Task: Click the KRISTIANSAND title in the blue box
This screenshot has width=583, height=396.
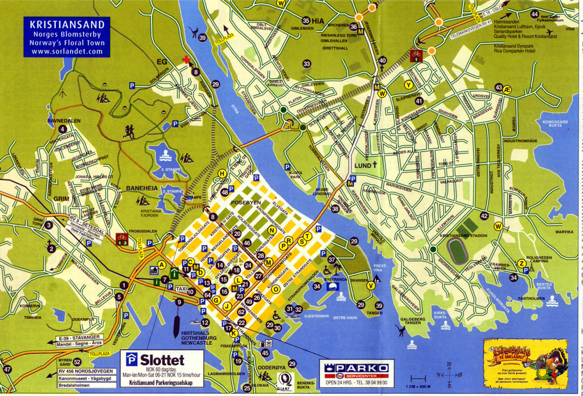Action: coord(67,25)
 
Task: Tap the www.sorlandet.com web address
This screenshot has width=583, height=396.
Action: coord(67,51)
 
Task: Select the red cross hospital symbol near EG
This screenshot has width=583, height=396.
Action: coord(186,60)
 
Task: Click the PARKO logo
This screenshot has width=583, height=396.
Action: coord(356,368)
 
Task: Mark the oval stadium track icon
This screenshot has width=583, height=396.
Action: coord(457,251)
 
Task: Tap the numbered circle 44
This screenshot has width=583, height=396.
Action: coord(534,14)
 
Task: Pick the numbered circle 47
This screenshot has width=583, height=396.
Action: coord(7,369)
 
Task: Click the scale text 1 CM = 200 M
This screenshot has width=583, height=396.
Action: coord(418,385)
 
